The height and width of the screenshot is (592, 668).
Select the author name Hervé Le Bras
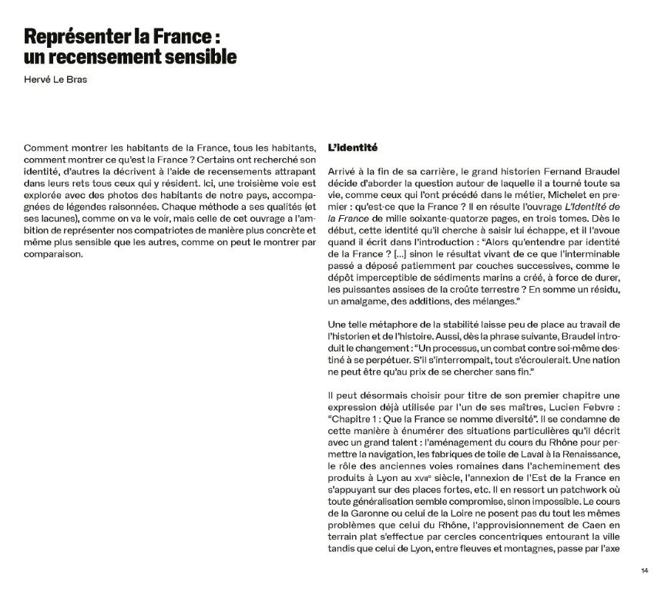coord(55,79)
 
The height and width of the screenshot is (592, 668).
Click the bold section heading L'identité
coord(352,147)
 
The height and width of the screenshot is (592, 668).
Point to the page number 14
coord(644,571)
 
